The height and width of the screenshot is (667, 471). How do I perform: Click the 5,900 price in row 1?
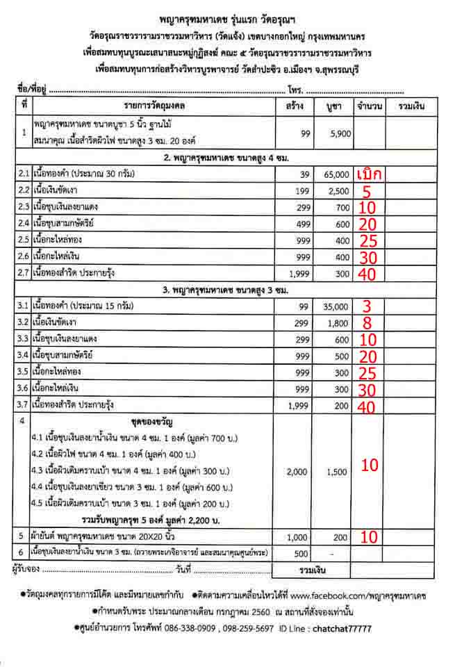[x=340, y=134]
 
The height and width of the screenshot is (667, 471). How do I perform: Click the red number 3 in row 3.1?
[x=367, y=306]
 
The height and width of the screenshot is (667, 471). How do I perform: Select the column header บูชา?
[x=335, y=107]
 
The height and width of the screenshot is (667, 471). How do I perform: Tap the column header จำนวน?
[x=370, y=107]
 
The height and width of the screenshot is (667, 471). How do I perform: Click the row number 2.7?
[x=24, y=274]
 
